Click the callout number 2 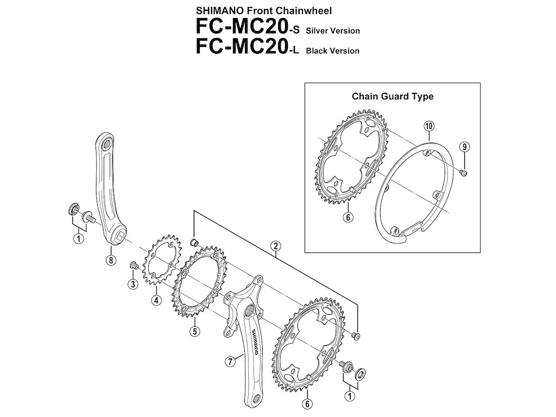(276, 247)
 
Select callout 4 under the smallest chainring (156, 300)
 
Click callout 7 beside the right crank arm (230, 360)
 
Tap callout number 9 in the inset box (464, 146)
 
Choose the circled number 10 (428, 127)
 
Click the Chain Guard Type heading (393, 97)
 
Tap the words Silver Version (333, 31)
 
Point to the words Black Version (333, 51)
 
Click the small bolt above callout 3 (132, 265)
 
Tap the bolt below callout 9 (463, 173)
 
